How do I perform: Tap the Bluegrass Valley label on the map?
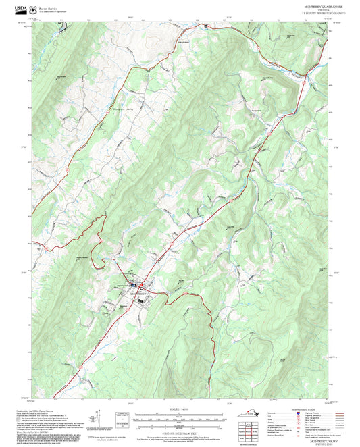coord(125,108)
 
